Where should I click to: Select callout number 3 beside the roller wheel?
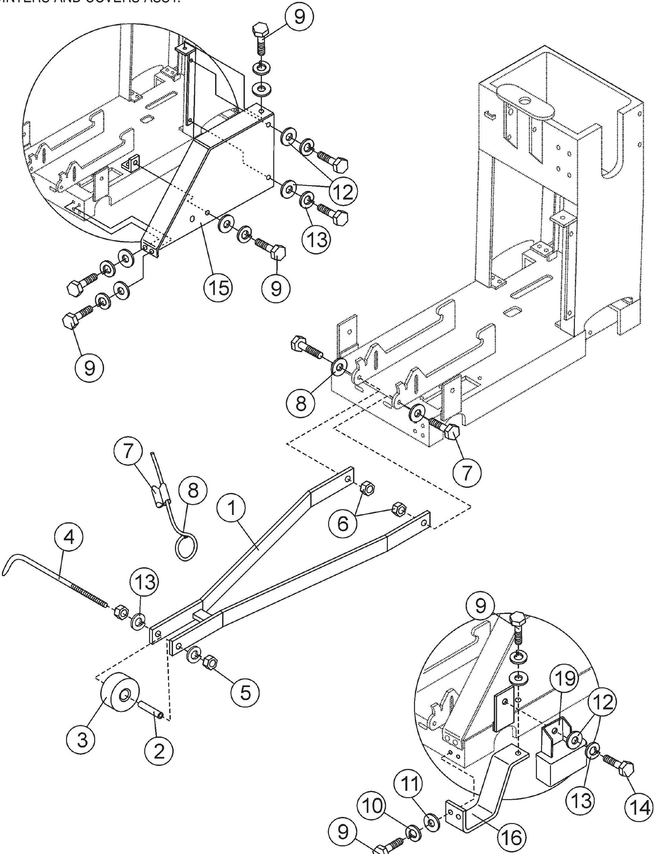pos(81,739)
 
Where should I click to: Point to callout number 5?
pos(244,692)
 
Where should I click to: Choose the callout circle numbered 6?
pos(343,523)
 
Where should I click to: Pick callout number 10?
pos(372,806)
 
